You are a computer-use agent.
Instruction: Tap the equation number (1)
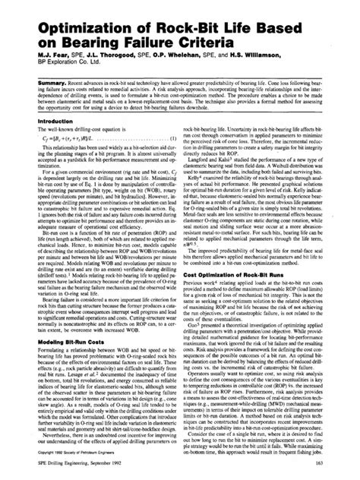tap(175, 137)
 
